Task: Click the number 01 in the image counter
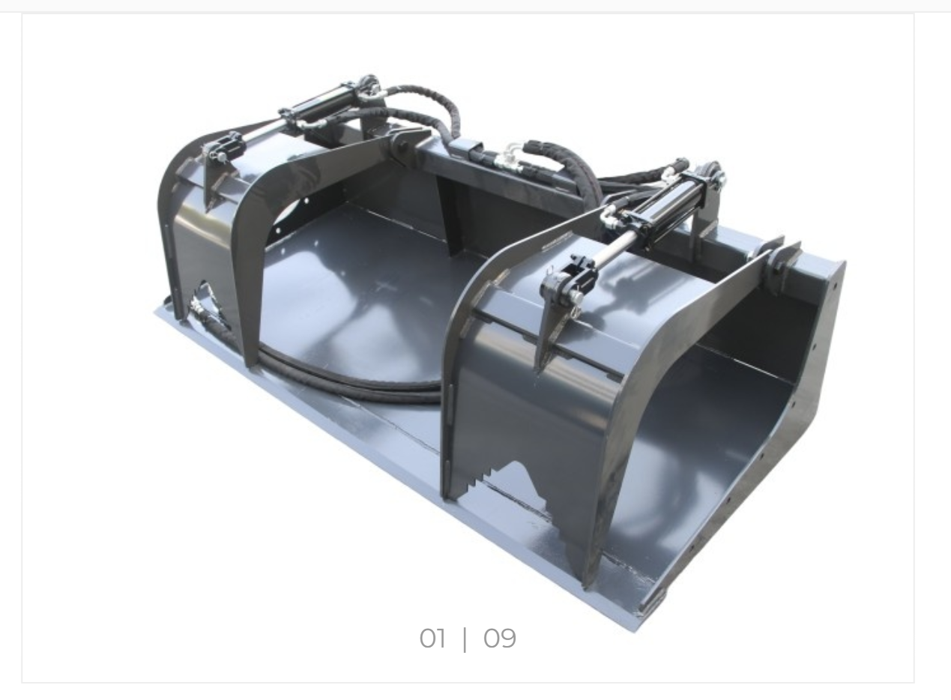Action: click(432, 638)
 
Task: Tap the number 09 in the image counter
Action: click(500, 638)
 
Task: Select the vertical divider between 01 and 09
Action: click(465, 639)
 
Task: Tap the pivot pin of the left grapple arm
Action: click(400, 148)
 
